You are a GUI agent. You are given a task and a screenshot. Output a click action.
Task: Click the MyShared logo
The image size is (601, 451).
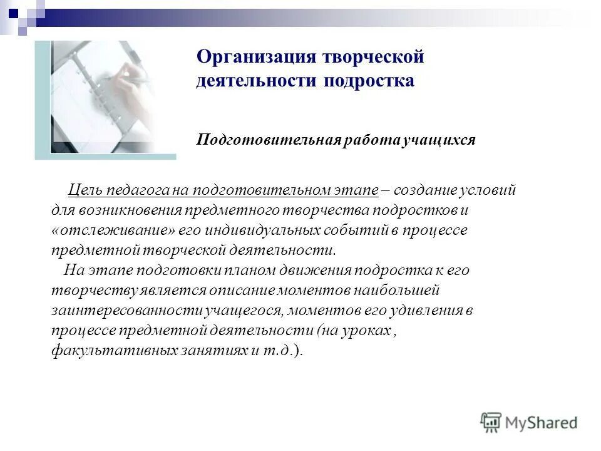point(528,422)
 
